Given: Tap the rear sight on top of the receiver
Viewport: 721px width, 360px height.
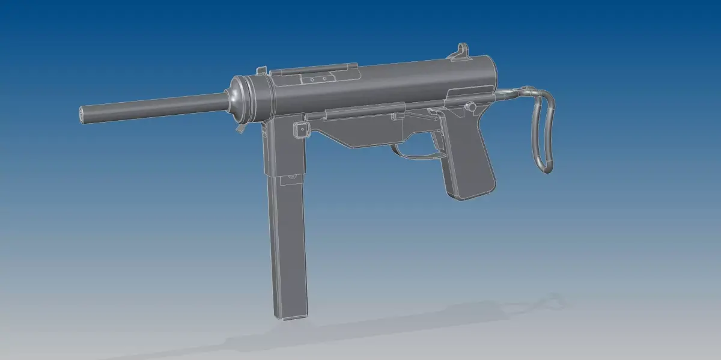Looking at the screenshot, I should click(461, 51).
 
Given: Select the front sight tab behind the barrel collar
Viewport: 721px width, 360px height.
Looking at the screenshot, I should click(261, 71).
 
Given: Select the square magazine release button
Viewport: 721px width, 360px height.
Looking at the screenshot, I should click(298, 129).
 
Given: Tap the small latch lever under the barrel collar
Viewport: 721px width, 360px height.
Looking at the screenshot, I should click(240, 127).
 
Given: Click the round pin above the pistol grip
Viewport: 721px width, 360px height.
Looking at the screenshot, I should click(472, 107).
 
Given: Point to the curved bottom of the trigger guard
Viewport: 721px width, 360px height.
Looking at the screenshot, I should click(421, 157).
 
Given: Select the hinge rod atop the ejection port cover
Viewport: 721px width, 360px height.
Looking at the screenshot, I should click(315, 69).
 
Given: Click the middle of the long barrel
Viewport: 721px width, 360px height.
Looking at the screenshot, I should click(156, 107).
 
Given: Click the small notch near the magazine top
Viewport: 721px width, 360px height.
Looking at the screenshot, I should click(292, 177).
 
